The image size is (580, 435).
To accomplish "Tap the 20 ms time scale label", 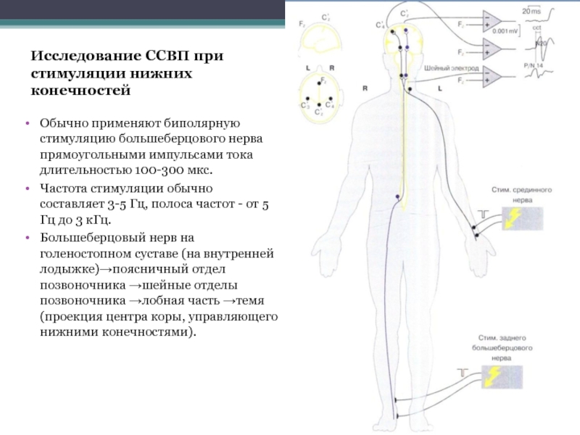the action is tap(531, 12).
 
